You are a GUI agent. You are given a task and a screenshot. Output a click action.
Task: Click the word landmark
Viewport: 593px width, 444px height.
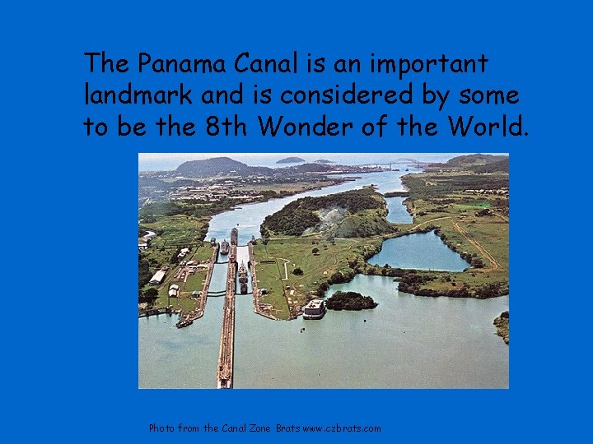138,95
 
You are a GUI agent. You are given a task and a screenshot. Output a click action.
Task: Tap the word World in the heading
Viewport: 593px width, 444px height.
491,127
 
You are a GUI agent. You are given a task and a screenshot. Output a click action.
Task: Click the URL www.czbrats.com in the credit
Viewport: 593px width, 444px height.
342,428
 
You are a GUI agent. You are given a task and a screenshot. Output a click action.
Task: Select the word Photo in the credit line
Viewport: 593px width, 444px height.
161,428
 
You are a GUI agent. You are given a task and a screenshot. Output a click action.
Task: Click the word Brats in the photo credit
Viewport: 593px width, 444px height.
287,428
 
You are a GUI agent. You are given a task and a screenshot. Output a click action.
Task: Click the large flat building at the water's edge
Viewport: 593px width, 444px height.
315,308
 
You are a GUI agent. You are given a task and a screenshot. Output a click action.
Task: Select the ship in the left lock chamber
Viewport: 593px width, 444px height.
224,247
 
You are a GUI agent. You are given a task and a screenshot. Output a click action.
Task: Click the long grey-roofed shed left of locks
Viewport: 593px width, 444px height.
157,277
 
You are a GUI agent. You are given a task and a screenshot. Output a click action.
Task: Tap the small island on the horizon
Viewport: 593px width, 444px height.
290,160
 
